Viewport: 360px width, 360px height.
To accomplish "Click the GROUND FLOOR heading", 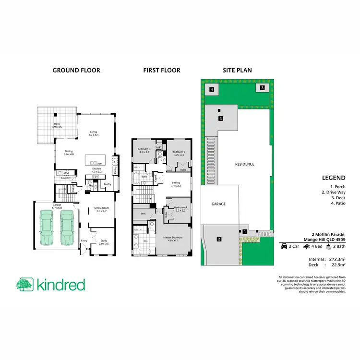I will [76, 71].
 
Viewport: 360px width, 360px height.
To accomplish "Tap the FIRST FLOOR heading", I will [162, 71].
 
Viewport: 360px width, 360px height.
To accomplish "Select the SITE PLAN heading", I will [237, 71].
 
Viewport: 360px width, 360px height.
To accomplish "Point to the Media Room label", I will [101, 209].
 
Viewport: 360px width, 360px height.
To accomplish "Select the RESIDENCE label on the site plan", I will [244, 164].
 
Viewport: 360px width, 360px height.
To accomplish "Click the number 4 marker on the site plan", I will [211, 89].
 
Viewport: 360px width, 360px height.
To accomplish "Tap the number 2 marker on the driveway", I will [219, 239].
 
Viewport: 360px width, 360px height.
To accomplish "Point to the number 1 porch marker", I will [245, 232].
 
